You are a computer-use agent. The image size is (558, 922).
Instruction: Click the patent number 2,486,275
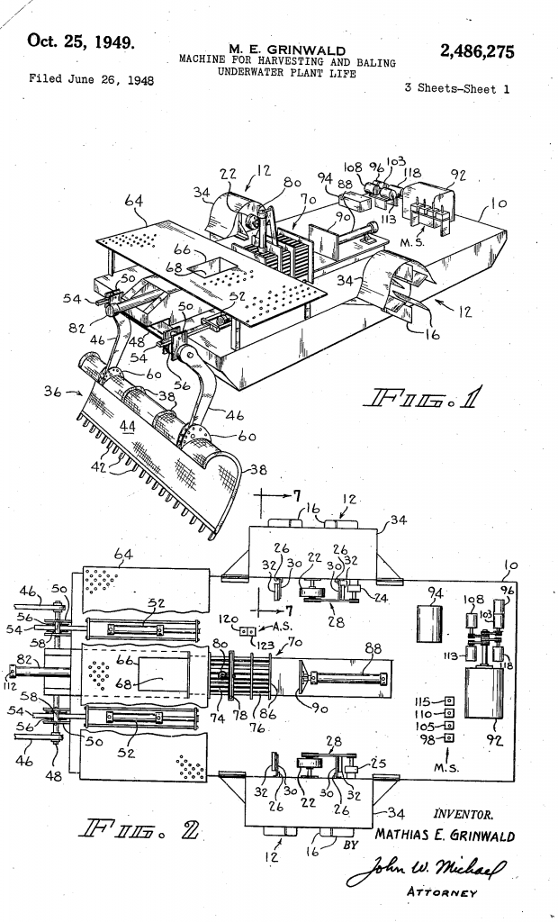(x=477, y=52)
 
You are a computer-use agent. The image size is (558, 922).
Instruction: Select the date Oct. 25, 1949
(x=81, y=41)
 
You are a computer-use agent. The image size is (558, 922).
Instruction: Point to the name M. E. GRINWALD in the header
(x=282, y=48)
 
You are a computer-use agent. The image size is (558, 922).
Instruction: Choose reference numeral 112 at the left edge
(x=11, y=682)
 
